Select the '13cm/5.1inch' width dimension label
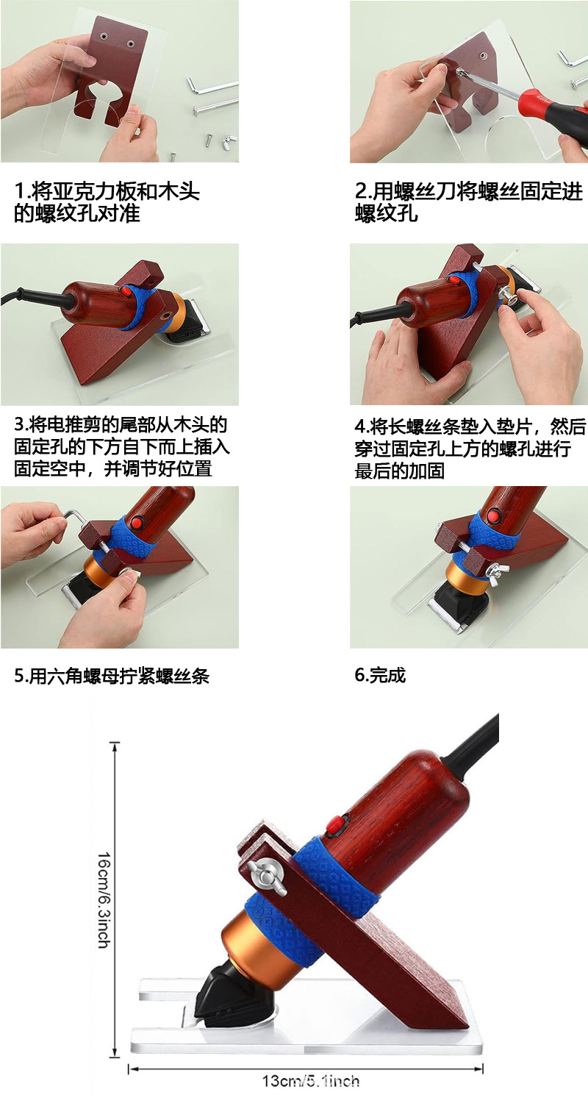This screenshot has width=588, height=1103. [x=310, y=1081]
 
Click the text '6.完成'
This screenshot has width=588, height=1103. [x=380, y=675]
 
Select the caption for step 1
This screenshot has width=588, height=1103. [x=107, y=203]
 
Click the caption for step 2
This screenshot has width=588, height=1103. [x=467, y=203]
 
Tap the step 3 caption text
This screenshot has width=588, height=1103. [x=122, y=446]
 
